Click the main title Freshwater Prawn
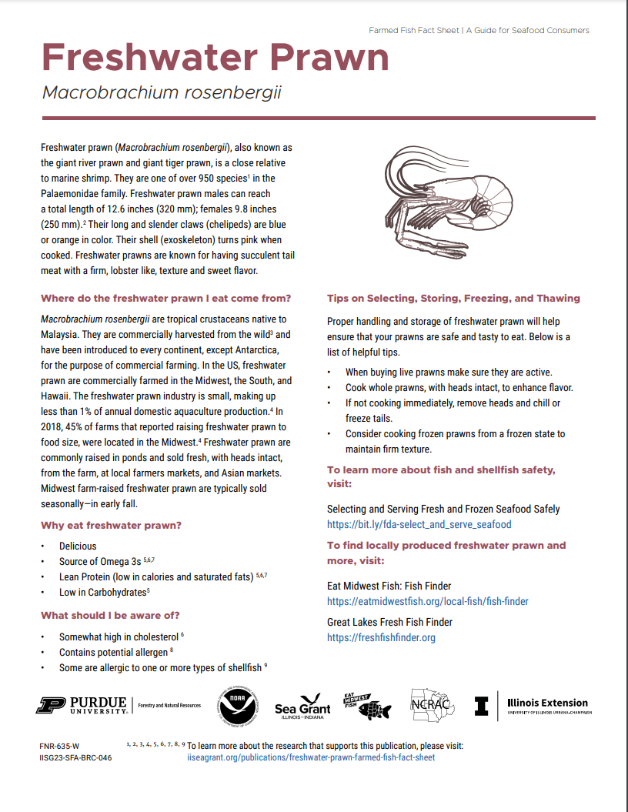pos(215,58)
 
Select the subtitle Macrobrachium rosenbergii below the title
pos(162,93)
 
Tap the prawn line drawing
pos(446,201)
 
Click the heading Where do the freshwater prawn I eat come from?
pos(165,299)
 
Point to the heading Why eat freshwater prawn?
pos(111,526)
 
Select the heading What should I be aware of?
pos(111,615)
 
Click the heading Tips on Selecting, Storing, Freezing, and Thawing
pos(453,299)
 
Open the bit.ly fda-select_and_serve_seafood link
pos(419,524)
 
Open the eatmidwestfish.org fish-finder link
pos(427,601)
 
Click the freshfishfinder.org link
pos(381,637)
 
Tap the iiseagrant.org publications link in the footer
pos(311,757)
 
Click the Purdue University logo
pos(82,705)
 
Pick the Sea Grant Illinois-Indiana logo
pos(302,705)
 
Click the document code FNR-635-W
pos(59,746)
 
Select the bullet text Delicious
pos(78,546)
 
